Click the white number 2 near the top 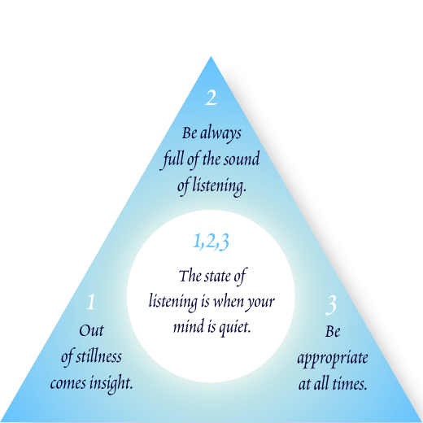(211, 98)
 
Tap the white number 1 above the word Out (91, 302)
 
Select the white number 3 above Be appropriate (331, 305)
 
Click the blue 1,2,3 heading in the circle (211, 242)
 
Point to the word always (220, 134)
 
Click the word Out (91, 330)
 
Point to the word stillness (98, 356)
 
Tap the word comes (68, 384)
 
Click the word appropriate (333, 359)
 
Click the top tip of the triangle (211, 56)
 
